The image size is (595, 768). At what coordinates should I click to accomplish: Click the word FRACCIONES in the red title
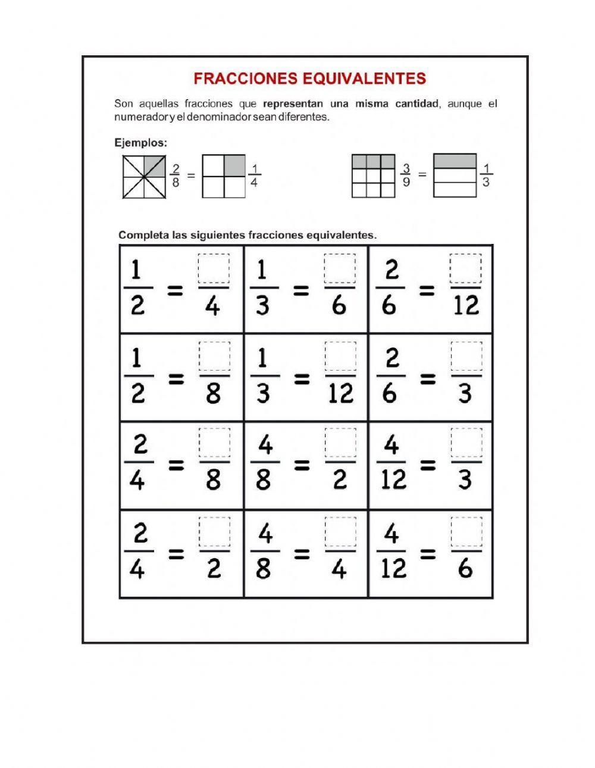pyautogui.click(x=240, y=79)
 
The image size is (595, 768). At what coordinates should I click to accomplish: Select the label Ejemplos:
pyautogui.click(x=140, y=143)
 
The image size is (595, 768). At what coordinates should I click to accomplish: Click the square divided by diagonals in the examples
pyautogui.click(x=144, y=177)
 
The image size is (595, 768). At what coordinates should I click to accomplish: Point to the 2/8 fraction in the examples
pyautogui.click(x=176, y=175)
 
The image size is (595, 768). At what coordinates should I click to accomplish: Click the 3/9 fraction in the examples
pyautogui.click(x=406, y=175)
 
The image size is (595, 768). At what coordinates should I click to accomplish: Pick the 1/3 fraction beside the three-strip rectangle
pyautogui.click(x=486, y=175)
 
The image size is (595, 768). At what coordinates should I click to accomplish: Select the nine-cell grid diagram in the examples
pyautogui.click(x=374, y=175)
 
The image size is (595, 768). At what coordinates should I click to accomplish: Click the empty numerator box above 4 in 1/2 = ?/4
pyautogui.click(x=214, y=269)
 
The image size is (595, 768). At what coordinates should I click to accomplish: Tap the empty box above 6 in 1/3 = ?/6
pyautogui.click(x=340, y=269)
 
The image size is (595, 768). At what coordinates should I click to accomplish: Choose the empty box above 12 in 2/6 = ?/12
pyautogui.click(x=465, y=269)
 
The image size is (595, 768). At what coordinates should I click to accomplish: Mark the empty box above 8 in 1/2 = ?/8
pyautogui.click(x=214, y=356)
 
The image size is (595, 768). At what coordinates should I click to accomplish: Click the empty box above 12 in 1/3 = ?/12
pyautogui.click(x=340, y=356)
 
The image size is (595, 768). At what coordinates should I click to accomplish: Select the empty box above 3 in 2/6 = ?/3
pyautogui.click(x=465, y=356)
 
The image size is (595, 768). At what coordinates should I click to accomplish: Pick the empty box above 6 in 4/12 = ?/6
pyautogui.click(x=465, y=532)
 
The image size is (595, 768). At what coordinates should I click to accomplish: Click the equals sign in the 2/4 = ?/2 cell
pyautogui.click(x=176, y=554)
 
